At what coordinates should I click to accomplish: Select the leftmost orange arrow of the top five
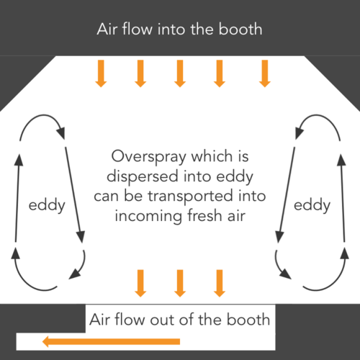point(101,73)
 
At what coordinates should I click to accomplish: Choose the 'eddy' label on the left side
point(47,205)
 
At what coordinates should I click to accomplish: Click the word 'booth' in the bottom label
point(246,320)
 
